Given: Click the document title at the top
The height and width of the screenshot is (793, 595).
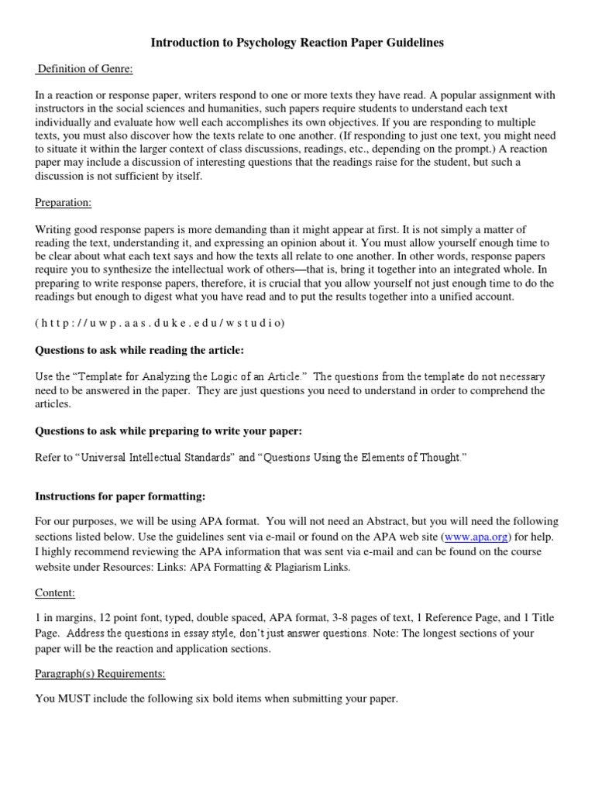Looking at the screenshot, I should click(297, 43).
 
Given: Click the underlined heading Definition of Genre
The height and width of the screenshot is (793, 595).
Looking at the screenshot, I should click(85, 70).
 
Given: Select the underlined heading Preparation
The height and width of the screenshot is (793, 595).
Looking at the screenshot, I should click(64, 203).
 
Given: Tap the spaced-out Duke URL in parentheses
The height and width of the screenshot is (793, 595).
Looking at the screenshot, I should click(160, 324).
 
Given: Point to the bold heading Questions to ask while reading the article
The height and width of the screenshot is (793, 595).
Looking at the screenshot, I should click(139, 350).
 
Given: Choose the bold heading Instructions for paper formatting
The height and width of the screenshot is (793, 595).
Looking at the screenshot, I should click(120, 496).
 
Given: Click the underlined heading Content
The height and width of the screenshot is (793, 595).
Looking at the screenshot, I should click(55, 592).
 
